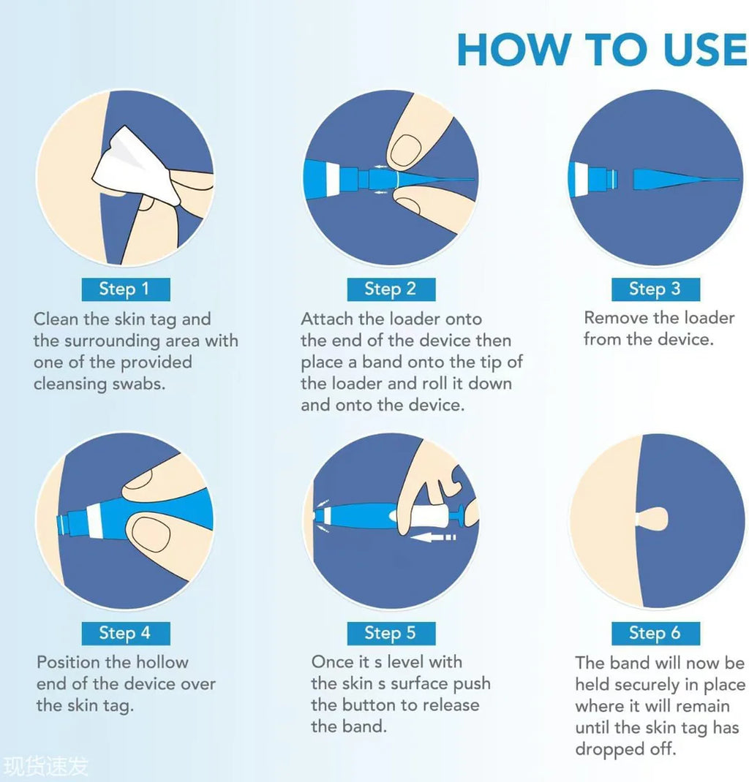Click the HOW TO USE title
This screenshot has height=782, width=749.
(x=602, y=49)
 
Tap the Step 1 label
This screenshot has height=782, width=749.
(x=126, y=289)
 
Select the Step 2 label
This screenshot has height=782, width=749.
(x=391, y=289)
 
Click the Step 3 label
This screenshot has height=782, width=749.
(x=655, y=289)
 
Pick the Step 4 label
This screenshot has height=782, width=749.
(x=126, y=634)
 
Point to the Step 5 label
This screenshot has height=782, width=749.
(x=391, y=634)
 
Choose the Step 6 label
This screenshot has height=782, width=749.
(x=655, y=634)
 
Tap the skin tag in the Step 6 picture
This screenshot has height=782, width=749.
(x=651, y=520)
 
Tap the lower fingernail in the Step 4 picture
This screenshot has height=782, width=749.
(x=149, y=534)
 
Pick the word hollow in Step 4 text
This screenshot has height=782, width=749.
(x=162, y=662)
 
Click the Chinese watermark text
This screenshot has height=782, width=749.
(x=45, y=767)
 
